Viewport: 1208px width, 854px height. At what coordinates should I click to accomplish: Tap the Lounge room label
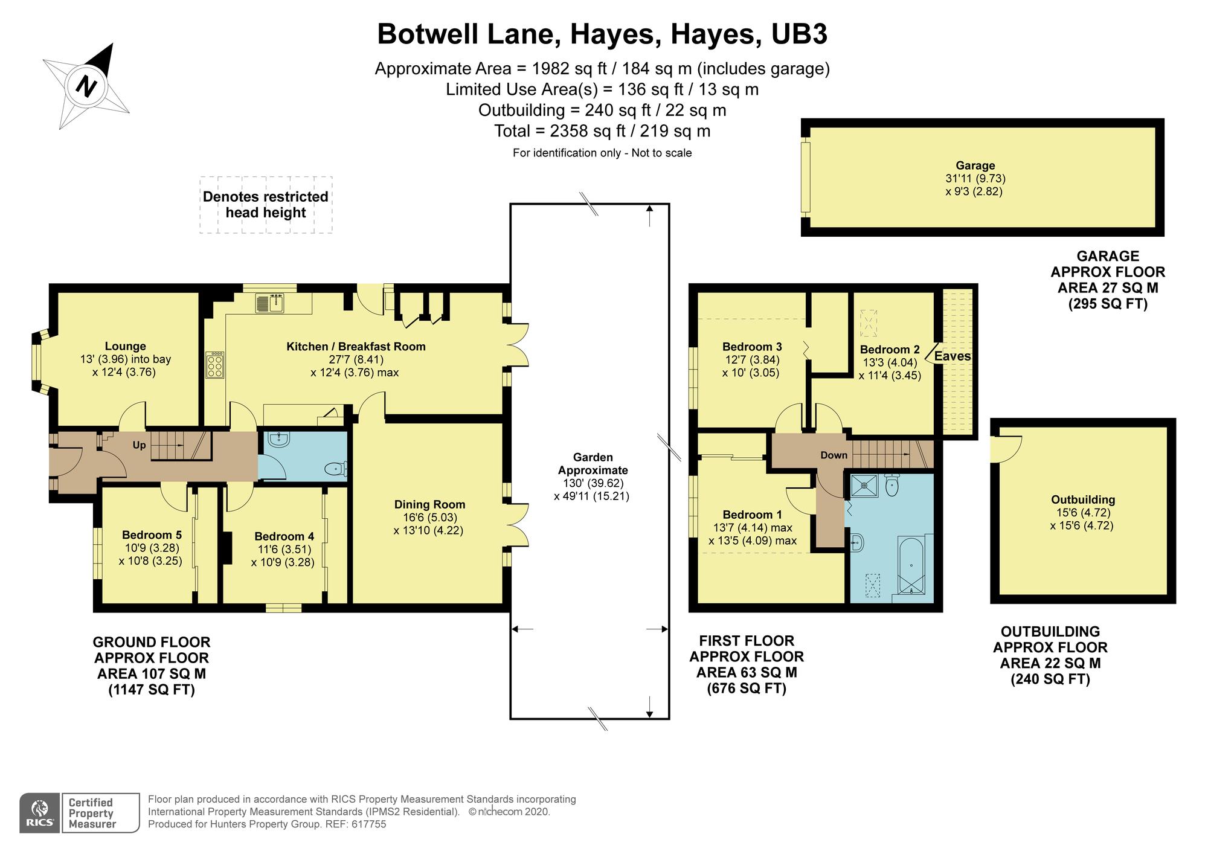point(125,346)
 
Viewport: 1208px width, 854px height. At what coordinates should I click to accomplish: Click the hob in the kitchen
point(215,365)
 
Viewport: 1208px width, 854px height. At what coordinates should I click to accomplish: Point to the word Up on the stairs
point(140,445)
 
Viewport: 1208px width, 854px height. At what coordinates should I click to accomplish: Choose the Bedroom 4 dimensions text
point(283,556)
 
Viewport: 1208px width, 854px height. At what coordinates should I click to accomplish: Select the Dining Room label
point(429,504)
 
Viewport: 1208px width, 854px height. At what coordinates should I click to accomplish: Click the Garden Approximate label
point(593,464)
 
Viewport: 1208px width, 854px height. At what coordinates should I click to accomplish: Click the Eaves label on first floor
point(953,356)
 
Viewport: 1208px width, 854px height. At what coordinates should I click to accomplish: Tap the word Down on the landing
point(834,455)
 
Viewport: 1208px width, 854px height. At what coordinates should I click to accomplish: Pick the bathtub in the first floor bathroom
point(910,566)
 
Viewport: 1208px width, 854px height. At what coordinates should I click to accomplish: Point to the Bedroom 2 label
point(889,350)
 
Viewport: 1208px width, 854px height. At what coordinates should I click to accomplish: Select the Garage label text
point(975,165)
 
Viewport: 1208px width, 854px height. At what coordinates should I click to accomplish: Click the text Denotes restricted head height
point(266,205)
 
